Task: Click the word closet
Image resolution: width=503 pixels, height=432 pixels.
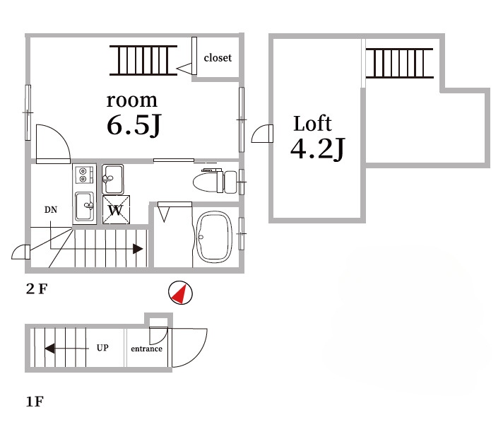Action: pyautogui.click(x=218, y=58)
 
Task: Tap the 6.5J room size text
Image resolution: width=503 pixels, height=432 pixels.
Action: pyautogui.click(x=134, y=125)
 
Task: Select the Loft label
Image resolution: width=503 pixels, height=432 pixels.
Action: pyautogui.click(x=312, y=124)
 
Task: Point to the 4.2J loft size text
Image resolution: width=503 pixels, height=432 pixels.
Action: pyautogui.click(x=318, y=149)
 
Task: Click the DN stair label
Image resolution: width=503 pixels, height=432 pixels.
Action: pyautogui.click(x=51, y=210)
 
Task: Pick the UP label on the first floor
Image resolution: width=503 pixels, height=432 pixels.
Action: pyautogui.click(x=102, y=348)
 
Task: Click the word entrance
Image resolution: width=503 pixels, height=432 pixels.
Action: pyautogui.click(x=147, y=349)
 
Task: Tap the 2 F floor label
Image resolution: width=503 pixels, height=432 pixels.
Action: pyautogui.click(x=37, y=289)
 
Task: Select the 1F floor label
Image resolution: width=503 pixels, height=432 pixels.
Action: pyautogui.click(x=35, y=402)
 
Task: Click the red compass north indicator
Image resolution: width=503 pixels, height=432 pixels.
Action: pyautogui.click(x=179, y=293)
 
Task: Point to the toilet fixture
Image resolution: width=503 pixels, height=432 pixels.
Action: pyautogui.click(x=215, y=181)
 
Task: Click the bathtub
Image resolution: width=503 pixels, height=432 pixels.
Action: pyautogui.click(x=214, y=237)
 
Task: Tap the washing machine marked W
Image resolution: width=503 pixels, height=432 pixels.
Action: pyautogui.click(x=116, y=209)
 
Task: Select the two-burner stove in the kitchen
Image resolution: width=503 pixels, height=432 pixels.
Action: pyautogui.click(x=84, y=175)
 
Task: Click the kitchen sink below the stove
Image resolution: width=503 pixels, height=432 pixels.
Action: pyautogui.click(x=85, y=206)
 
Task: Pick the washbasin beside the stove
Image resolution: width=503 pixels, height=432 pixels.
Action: pyautogui.click(x=112, y=180)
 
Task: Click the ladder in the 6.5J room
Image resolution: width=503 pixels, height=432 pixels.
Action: pyautogui.click(x=143, y=60)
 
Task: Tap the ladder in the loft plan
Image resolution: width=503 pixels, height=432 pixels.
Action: pyautogui.click(x=400, y=63)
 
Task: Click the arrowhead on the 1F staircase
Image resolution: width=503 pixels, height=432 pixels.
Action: pyautogui.click(x=49, y=349)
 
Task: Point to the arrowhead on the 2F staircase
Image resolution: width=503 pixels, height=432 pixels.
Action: pyautogui.click(x=138, y=249)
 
